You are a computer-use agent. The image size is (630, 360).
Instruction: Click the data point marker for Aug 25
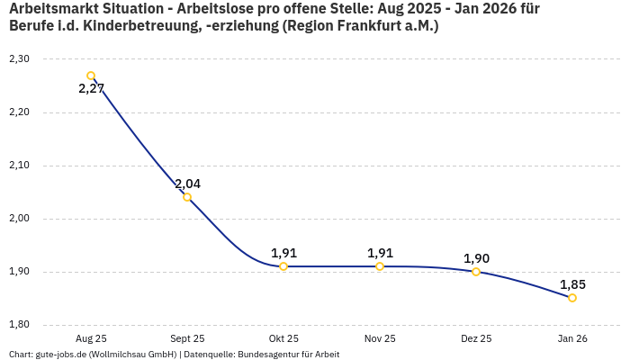point(91,76)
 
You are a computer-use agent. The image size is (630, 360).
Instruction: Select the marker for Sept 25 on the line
point(187,197)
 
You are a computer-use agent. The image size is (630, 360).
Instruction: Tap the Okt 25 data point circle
point(283,266)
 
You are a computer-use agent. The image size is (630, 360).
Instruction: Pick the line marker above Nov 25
point(380,266)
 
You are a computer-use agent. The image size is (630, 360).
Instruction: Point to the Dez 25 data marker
point(476,272)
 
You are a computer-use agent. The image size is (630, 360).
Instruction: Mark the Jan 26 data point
point(572,298)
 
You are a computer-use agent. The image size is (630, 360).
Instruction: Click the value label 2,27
point(92,89)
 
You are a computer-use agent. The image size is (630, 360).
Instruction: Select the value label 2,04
point(187,184)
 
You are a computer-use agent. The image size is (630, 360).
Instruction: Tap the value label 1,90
point(476,258)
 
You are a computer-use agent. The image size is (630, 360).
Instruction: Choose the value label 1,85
point(572,284)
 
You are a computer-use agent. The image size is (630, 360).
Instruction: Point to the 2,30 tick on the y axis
point(18,59)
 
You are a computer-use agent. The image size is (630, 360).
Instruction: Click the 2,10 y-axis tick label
point(18,166)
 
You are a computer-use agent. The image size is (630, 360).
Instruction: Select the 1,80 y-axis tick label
point(18,325)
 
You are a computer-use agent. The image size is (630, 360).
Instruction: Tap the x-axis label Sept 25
point(187,338)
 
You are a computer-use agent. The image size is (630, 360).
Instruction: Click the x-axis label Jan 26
point(572,338)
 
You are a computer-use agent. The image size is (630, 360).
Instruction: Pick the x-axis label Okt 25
point(283,338)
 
